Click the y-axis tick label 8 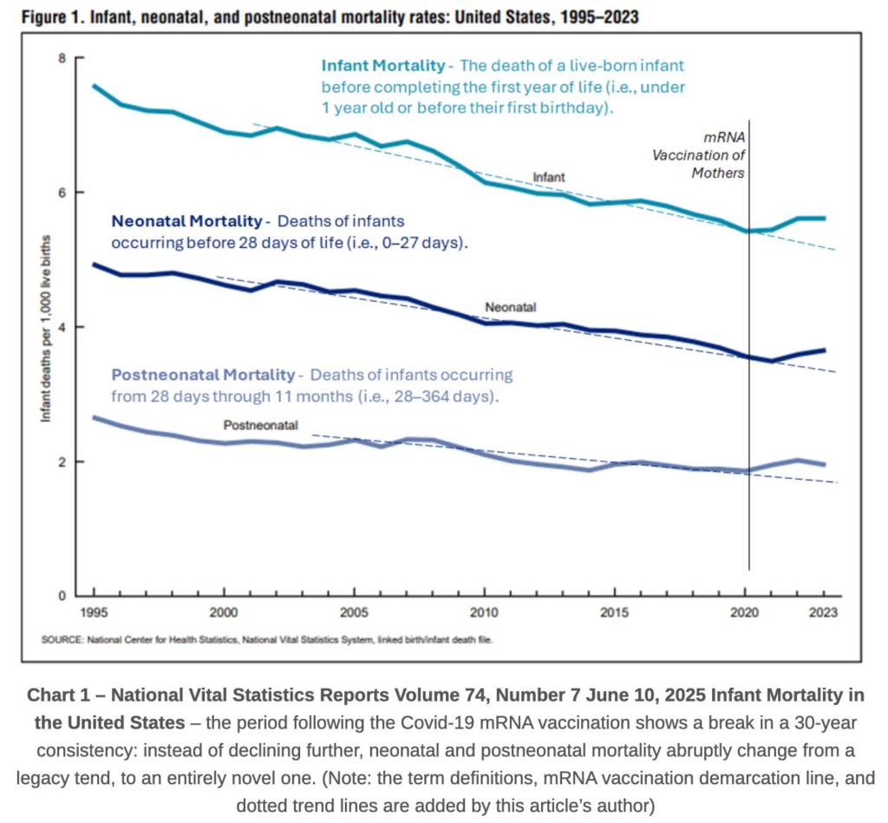[62, 58]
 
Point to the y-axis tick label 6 [62, 193]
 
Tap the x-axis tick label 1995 [94, 613]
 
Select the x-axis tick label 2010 [484, 613]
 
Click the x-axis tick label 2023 [822, 613]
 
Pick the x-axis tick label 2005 [354, 613]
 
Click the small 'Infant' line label [548, 177]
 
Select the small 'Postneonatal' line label [261, 426]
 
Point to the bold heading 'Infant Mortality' [382, 66]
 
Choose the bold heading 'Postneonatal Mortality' [203, 376]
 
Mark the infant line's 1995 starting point [94, 86]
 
